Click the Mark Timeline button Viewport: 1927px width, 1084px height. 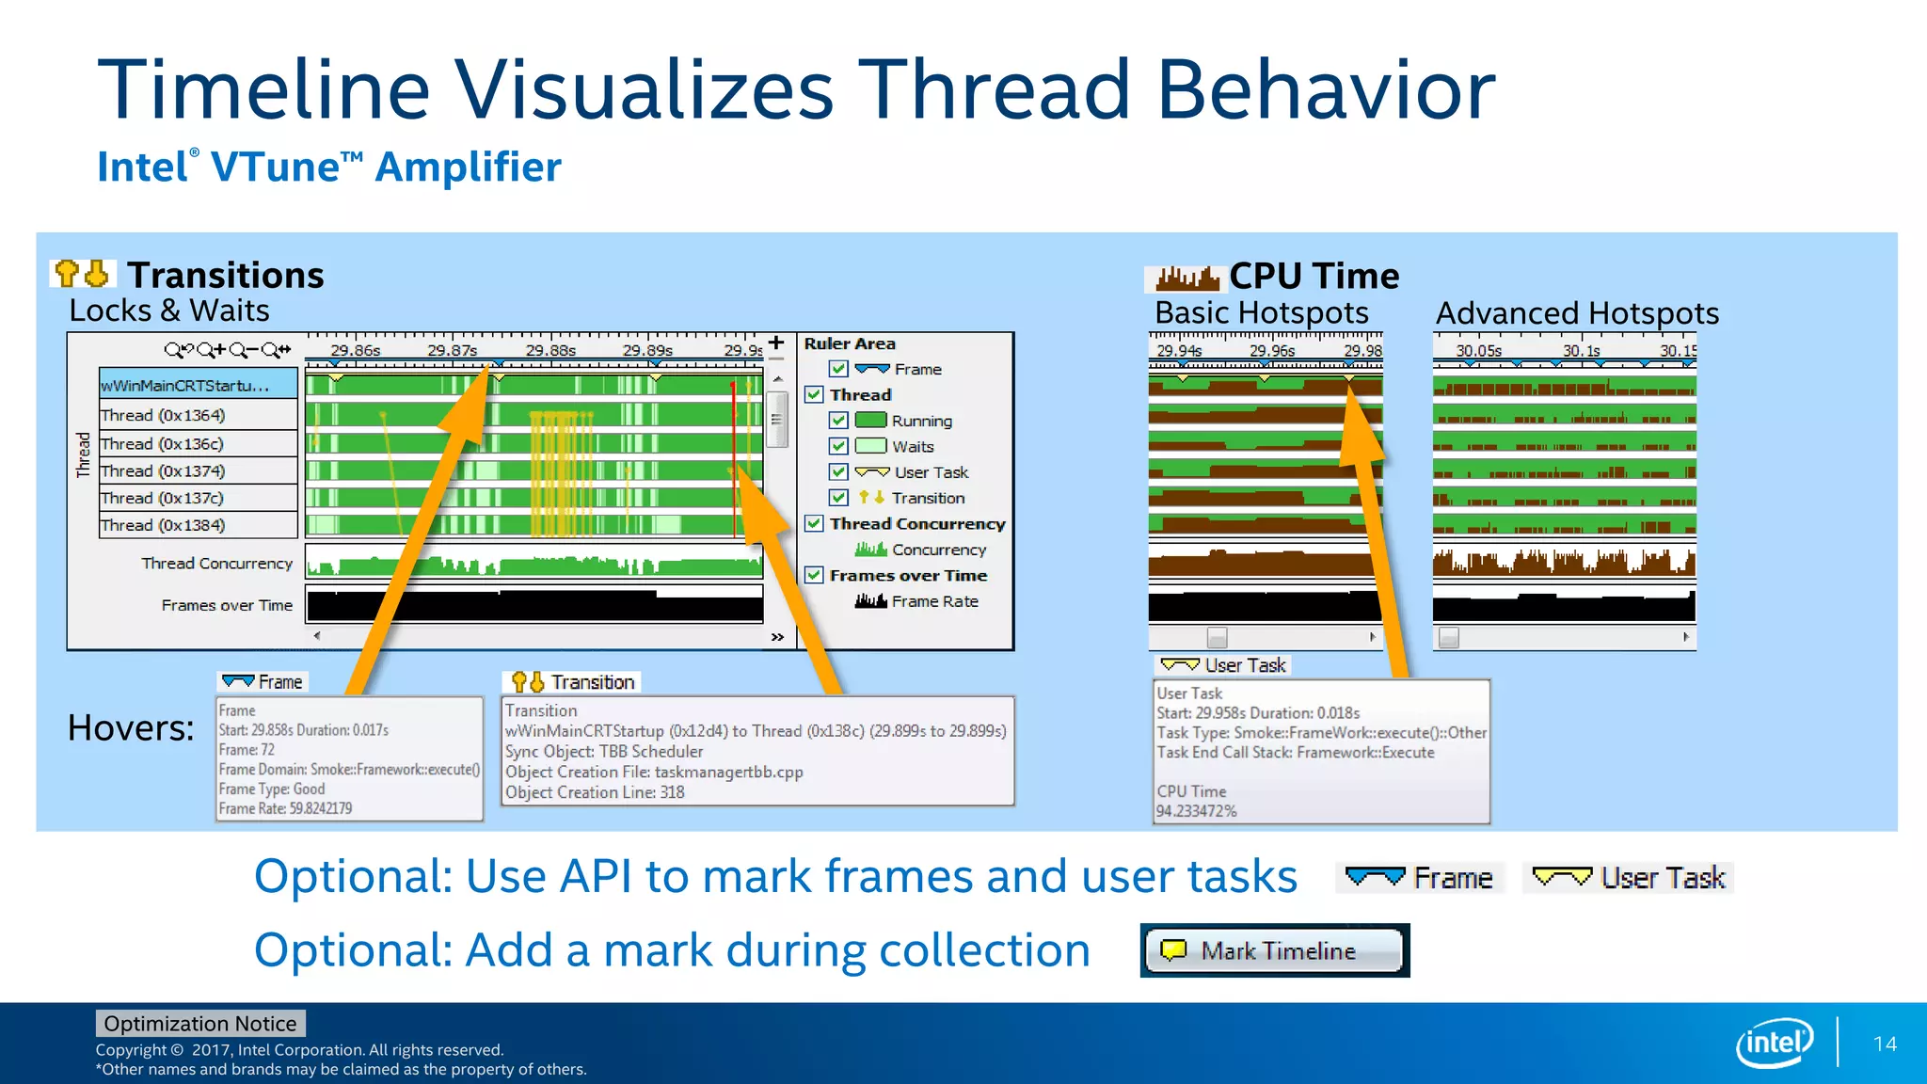coord(1275,950)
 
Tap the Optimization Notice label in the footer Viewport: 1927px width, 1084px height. coord(199,1024)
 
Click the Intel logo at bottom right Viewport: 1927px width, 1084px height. coord(1774,1043)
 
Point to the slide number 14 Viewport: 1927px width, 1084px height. coord(1885,1044)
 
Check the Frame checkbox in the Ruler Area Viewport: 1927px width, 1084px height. coord(838,369)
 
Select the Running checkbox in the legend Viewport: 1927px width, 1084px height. coord(838,421)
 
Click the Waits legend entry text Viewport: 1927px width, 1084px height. coord(913,447)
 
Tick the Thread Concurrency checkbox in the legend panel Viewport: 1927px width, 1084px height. coord(815,523)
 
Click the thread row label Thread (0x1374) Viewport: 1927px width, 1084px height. coord(163,470)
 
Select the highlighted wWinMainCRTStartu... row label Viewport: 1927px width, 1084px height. coord(185,386)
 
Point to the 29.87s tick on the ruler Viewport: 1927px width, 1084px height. coord(452,351)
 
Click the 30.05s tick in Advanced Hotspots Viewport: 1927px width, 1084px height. coord(1478,351)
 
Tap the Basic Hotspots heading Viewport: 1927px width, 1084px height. coord(1261,312)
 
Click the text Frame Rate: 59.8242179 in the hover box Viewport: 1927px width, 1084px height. coord(286,808)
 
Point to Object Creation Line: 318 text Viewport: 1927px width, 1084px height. coord(595,792)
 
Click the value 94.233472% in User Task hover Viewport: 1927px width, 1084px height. coord(1197,811)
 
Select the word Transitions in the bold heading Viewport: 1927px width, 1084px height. coord(226,276)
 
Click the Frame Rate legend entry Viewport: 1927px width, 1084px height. coord(933,601)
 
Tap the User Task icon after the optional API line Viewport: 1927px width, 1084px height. coord(1562,878)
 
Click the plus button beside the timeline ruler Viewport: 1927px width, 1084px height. coord(776,343)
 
